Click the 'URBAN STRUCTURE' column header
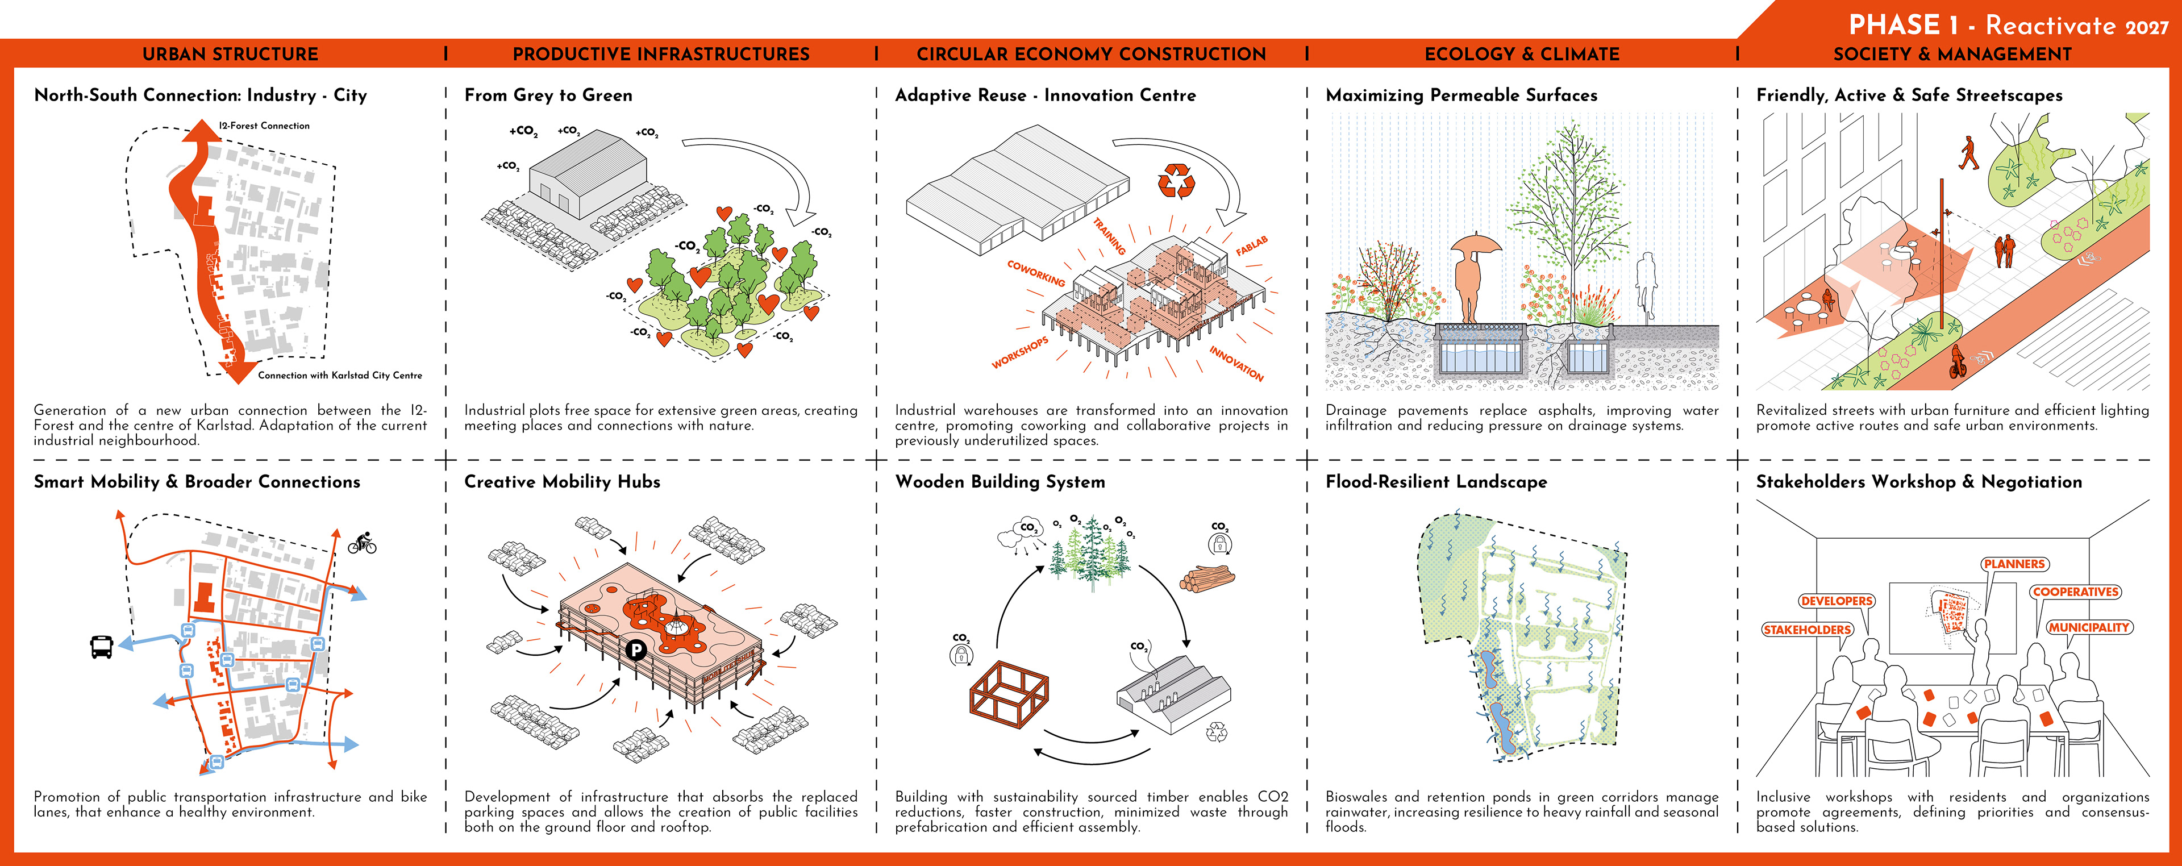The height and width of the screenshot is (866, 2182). click(x=230, y=54)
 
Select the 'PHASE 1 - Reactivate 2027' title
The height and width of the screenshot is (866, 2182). click(x=2008, y=24)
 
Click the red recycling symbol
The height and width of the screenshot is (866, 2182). click(x=1176, y=181)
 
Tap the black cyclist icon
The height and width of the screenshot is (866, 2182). click(x=363, y=543)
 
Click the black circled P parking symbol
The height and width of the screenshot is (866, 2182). click(x=635, y=650)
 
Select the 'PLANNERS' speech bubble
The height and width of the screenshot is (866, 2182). click(x=2013, y=564)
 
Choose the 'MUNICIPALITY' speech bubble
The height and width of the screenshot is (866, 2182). click(x=2089, y=627)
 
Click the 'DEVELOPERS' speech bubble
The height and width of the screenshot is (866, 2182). click(x=1837, y=601)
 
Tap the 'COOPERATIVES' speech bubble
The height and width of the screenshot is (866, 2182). click(x=2075, y=592)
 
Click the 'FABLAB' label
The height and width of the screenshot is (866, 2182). click(x=1251, y=247)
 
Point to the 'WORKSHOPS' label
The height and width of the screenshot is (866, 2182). click(x=1020, y=352)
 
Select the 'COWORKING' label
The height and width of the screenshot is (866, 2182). click(x=1036, y=272)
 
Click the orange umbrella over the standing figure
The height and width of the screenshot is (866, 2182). click(x=1476, y=245)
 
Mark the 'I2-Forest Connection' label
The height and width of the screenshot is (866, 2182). click(x=264, y=126)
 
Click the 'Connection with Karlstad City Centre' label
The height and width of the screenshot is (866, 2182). click(x=340, y=374)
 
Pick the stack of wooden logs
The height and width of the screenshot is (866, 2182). click(x=1207, y=578)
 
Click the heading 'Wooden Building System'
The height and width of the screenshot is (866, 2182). click(x=1000, y=481)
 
